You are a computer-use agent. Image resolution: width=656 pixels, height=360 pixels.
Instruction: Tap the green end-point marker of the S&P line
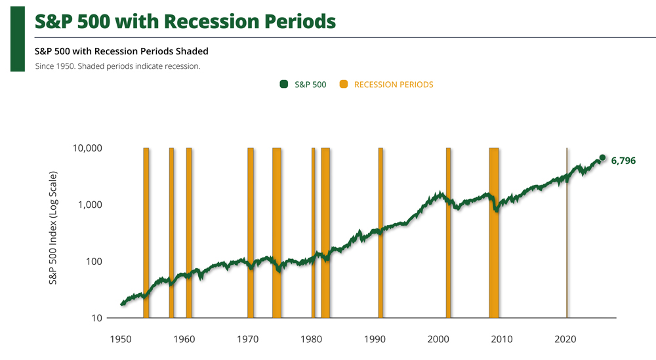pyautogui.click(x=603, y=158)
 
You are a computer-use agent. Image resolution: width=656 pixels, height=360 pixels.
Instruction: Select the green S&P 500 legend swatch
pyautogui.click(x=283, y=84)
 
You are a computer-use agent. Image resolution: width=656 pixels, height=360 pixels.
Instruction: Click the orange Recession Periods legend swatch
pyautogui.click(x=342, y=84)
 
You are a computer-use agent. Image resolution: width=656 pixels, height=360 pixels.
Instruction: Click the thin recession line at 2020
pyautogui.click(x=567, y=230)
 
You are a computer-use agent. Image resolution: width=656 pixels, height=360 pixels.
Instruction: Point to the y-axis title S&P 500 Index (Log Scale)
pyautogui.click(x=53, y=228)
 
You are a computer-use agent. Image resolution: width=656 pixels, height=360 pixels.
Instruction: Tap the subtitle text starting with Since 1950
pyautogui.click(x=118, y=66)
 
